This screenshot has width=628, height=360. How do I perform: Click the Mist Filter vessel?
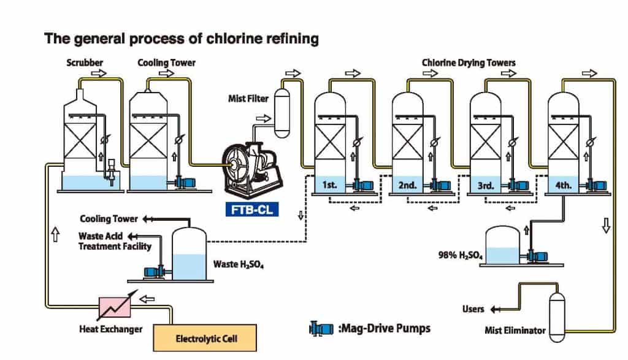pos(283,112)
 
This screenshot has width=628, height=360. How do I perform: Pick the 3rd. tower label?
pos(485,184)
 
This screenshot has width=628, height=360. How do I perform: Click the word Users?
pos(473,309)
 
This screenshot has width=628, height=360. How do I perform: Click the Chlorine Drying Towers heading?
pos(469,63)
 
